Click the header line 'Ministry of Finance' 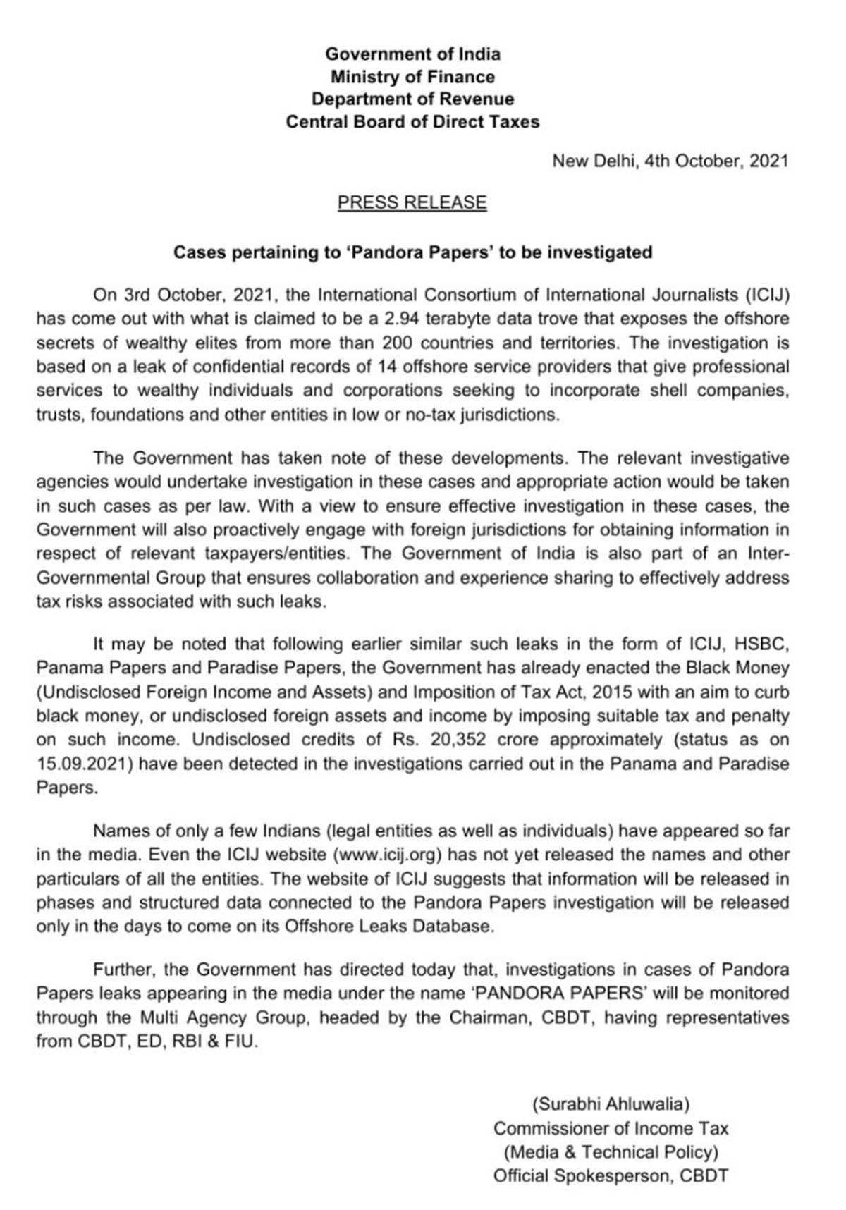pyautogui.click(x=412, y=76)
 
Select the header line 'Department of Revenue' pyautogui.click(x=412, y=99)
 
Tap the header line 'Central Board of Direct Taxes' pyautogui.click(x=412, y=122)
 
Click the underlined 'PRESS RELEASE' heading pyautogui.click(x=412, y=203)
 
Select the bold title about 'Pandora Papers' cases pyautogui.click(x=412, y=252)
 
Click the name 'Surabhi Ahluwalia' pyautogui.click(x=611, y=1104)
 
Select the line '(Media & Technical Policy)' pyautogui.click(x=611, y=1152)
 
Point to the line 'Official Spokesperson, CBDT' pyautogui.click(x=611, y=1176)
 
